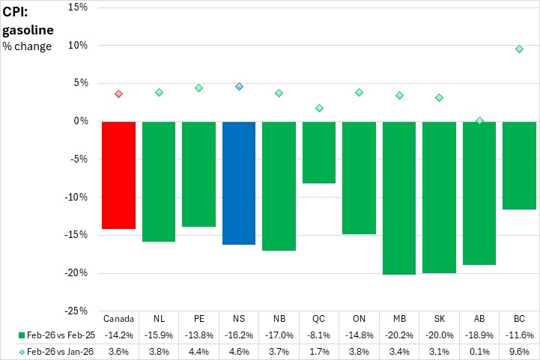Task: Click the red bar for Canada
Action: pos(118,174)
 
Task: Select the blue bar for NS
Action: pos(239,183)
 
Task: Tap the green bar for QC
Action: pos(319,152)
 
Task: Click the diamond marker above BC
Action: pos(519,49)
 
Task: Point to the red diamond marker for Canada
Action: pos(118,94)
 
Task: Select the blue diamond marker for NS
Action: pos(239,86)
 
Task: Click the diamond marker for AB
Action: pos(479,120)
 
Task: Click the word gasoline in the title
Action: pos(28,30)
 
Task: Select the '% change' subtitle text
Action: pos(28,47)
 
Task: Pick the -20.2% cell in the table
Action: pos(399,334)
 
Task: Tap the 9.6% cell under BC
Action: pos(519,350)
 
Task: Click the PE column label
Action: pos(198,317)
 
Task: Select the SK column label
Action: pos(439,317)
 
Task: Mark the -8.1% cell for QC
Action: pos(319,334)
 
